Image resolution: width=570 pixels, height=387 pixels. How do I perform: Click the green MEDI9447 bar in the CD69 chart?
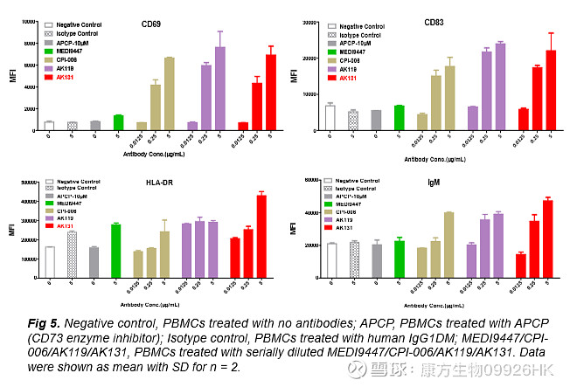pyautogui.click(x=118, y=122)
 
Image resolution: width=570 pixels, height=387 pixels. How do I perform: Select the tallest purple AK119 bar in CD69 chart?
pyautogui.click(x=221, y=88)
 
